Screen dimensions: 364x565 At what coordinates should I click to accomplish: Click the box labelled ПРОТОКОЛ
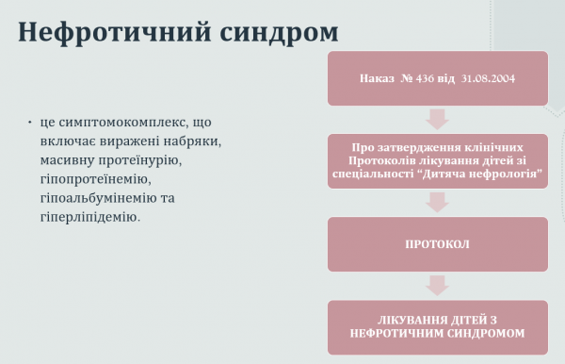click(x=437, y=244)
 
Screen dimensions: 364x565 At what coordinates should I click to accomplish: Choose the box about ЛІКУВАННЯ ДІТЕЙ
click(x=437, y=326)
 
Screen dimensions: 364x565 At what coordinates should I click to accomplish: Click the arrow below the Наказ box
click(x=437, y=119)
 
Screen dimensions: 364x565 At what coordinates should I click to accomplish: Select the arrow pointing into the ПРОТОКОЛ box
click(x=437, y=202)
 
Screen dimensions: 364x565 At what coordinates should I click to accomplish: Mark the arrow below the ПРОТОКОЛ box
click(x=437, y=285)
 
